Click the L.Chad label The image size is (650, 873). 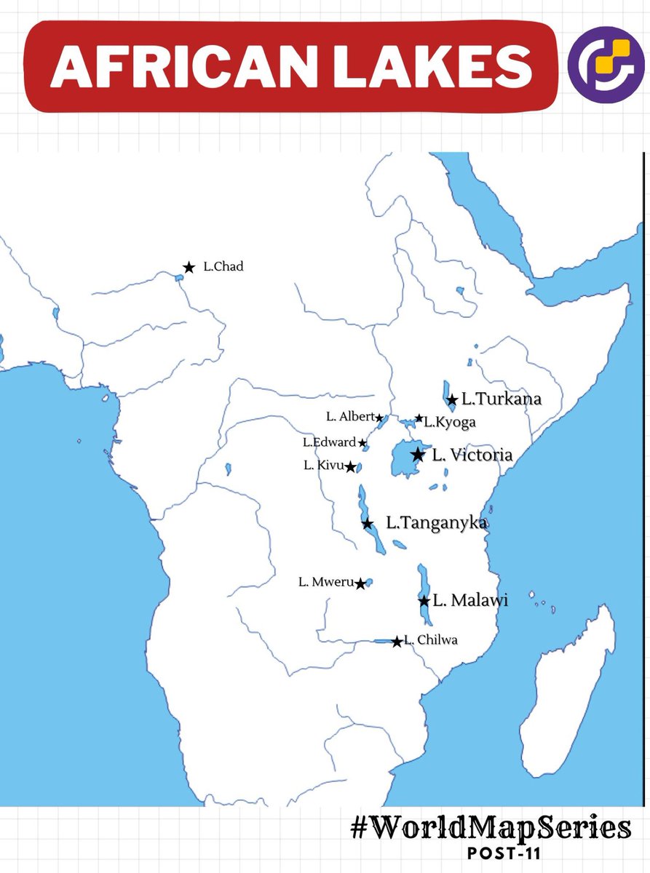click(223, 267)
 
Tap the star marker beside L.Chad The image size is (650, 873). click(189, 268)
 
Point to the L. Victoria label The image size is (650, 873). click(472, 455)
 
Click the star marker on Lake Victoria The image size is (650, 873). click(417, 455)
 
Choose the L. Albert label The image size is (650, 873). click(350, 417)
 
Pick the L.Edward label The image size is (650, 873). click(330, 442)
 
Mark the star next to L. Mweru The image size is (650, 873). click(360, 583)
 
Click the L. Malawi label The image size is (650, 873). click(470, 601)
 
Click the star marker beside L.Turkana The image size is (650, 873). click(452, 399)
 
